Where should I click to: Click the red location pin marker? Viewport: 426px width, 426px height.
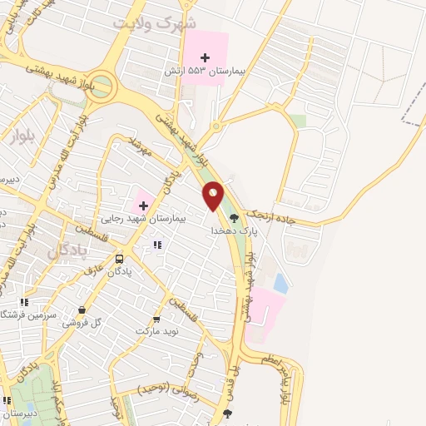(214, 198)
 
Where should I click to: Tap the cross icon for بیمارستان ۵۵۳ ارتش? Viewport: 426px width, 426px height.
(206, 57)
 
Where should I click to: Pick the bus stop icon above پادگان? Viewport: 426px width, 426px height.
(119, 259)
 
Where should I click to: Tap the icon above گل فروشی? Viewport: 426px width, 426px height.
(82, 310)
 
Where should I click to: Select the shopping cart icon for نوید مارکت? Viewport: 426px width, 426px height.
(156, 319)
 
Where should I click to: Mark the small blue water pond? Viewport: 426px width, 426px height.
(280, 283)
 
